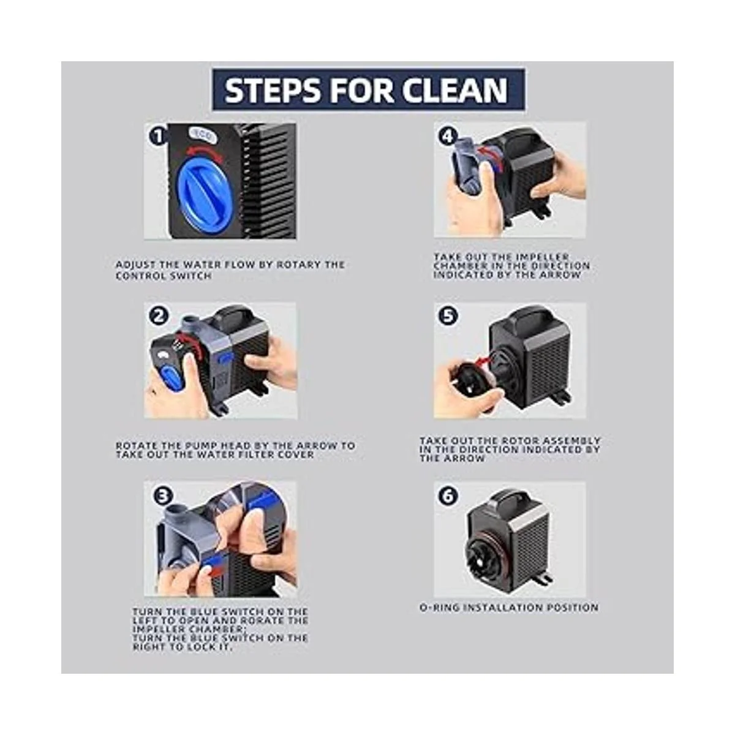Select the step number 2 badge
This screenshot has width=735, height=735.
click(159, 316)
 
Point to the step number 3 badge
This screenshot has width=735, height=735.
click(164, 496)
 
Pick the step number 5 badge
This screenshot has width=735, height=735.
click(448, 316)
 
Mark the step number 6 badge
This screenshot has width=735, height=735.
click(448, 496)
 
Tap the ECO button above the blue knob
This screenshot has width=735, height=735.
click(203, 135)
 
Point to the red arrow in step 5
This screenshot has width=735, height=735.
click(484, 360)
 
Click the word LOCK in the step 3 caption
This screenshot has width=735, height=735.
click(203, 647)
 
